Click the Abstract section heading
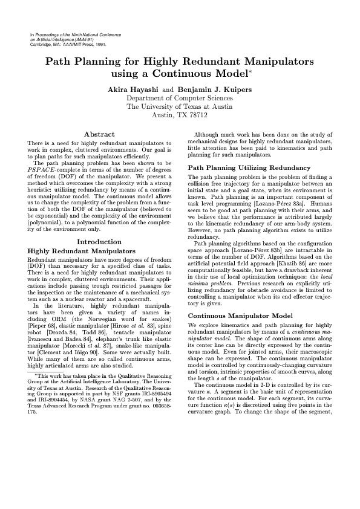coord(100,134)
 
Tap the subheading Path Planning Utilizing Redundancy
coord(241,167)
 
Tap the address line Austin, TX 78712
coord(180,114)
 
